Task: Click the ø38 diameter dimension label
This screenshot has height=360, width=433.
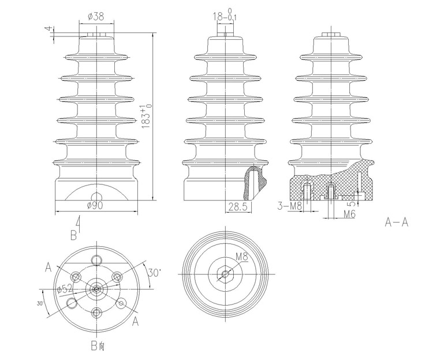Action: (96, 17)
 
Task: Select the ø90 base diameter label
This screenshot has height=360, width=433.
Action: (95, 206)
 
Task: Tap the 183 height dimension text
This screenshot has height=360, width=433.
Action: (147, 116)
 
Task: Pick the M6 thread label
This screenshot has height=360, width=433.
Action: (350, 214)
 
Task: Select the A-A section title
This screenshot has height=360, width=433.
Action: (396, 222)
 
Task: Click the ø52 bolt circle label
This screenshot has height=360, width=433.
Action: (65, 289)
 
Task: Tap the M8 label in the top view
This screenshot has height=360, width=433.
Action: (242, 257)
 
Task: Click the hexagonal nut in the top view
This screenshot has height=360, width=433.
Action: (226, 274)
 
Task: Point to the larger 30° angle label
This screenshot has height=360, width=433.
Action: (154, 273)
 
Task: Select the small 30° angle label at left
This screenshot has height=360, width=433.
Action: (40, 303)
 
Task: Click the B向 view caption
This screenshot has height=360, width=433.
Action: (98, 346)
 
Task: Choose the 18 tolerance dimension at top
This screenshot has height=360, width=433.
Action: (225, 16)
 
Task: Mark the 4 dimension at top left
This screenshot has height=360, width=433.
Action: (49, 29)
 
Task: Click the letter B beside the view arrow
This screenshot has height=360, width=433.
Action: (73, 236)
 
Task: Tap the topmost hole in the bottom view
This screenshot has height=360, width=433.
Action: (96, 260)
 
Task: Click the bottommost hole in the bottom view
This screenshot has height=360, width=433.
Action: (96, 313)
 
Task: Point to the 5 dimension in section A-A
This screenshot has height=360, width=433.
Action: (352, 204)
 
